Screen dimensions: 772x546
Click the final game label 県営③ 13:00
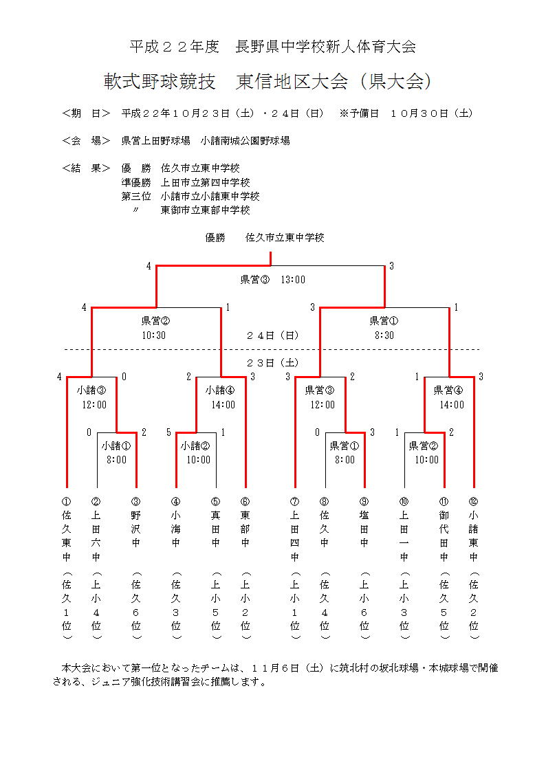tap(272, 280)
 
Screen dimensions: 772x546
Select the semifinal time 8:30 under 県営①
tap(384, 335)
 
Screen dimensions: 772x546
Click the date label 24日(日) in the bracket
tap(273, 335)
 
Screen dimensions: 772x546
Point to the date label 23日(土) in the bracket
tap(273, 362)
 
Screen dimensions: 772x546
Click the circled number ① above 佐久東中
tap(67, 501)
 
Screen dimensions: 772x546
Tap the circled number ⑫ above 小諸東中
tap(473, 501)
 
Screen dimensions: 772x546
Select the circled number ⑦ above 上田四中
tap(295, 501)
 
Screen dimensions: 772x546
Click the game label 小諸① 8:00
tap(116, 452)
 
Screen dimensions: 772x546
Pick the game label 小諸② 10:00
tap(196, 452)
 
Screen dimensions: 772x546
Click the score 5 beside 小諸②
tap(168, 432)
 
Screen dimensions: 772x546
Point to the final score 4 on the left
tap(149, 266)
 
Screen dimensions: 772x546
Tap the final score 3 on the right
tap(391, 266)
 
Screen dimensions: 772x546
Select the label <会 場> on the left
tap(86, 140)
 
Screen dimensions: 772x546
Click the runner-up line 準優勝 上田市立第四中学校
tap(186, 182)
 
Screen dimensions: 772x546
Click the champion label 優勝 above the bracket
tap(215, 238)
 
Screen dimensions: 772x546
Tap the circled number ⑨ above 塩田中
tap(364, 501)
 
